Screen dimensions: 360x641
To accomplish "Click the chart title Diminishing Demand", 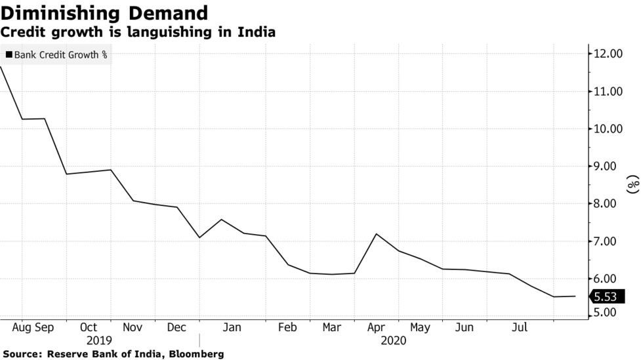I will (x=105, y=13).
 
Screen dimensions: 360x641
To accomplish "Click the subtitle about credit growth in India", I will (x=138, y=31).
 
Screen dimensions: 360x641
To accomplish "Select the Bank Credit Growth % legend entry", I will (x=56, y=55).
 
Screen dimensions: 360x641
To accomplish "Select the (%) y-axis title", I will (x=632, y=185).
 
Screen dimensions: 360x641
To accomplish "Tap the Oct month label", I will (x=89, y=327).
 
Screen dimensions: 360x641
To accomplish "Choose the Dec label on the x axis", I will (x=177, y=327).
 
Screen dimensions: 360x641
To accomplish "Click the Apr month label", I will (x=375, y=327).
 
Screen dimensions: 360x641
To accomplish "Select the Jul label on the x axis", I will (x=519, y=327).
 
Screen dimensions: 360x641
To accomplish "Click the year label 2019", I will (x=99, y=340).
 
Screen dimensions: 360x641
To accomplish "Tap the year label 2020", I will (x=393, y=340).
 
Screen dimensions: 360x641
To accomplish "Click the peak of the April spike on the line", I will (x=376, y=234).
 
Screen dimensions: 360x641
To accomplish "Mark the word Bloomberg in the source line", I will (x=197, y=354).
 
